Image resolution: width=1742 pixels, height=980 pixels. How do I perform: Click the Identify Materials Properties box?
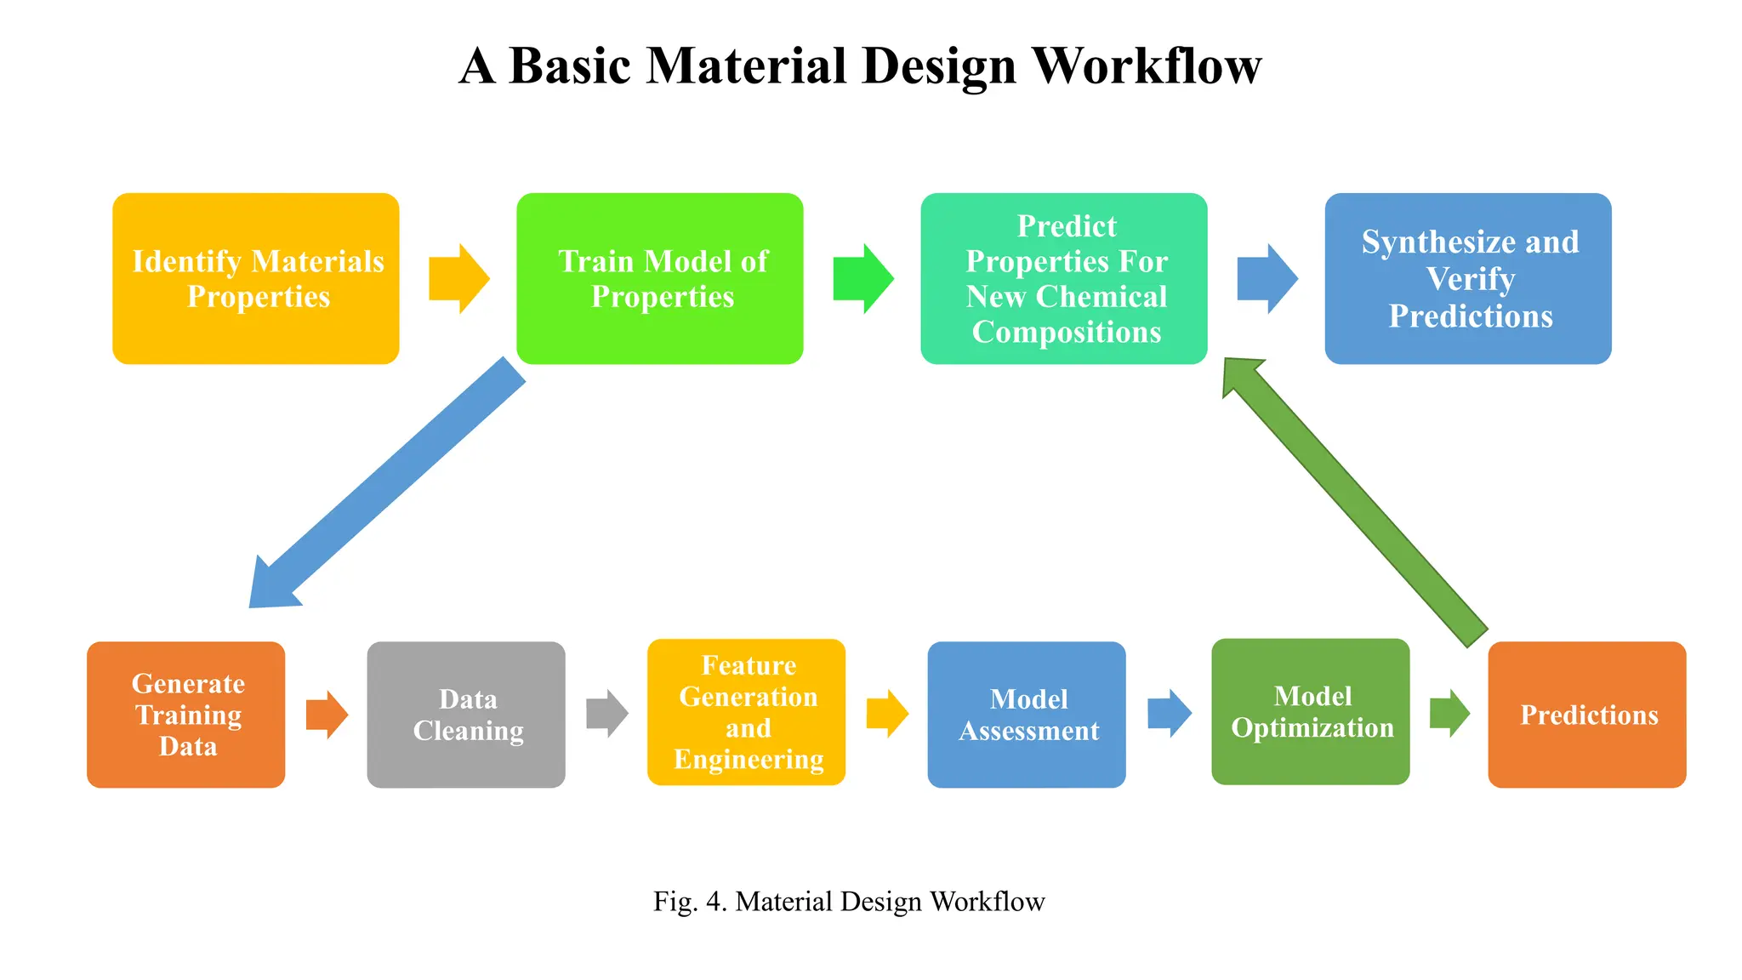(255, 279)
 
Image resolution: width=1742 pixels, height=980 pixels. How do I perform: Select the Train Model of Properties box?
(659, 279)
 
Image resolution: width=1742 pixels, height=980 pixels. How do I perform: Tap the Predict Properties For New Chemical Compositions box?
(1063, 279)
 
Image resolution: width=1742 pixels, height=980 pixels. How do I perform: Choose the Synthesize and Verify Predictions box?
(1467, 279)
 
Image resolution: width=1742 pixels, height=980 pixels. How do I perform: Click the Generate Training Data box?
(185, 715)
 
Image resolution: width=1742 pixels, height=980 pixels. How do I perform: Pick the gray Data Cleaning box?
(466, 715)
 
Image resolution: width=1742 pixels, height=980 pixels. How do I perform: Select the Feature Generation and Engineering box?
(746, 712)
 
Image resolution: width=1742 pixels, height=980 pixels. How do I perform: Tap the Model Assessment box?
(1027, 715)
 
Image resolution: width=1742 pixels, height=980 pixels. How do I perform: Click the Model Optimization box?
(1310, 712)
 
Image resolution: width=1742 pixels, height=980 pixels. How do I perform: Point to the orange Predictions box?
(1586, 715)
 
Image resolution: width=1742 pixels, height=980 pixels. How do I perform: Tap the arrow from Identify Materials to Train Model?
(458, 279)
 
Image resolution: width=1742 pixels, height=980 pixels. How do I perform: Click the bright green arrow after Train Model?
(862, 279)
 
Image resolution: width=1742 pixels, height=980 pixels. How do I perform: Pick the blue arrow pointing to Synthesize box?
(1267, 279)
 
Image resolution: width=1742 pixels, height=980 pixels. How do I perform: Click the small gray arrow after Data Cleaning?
(606, 714)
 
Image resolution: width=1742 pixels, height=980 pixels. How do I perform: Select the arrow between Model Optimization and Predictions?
(1449, 713)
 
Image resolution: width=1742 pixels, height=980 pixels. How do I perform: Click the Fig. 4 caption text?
(849, 902)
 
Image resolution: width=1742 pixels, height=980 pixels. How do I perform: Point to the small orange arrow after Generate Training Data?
(327, 715)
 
